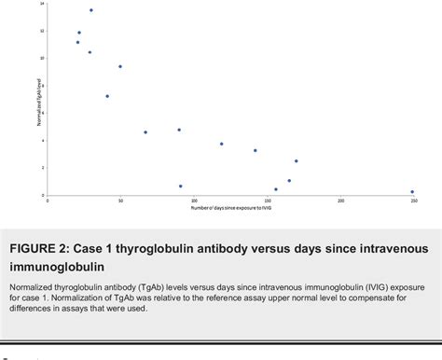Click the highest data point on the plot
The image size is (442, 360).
coord(90,10)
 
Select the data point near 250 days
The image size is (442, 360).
coord(412,192)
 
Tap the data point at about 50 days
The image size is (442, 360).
coord(120,66)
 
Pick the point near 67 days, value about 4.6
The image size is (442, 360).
coord(145,132)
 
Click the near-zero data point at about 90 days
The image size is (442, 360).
coord(180,187)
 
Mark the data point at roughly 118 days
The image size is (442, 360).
coord(221,144)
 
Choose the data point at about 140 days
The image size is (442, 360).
coord(255,150)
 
